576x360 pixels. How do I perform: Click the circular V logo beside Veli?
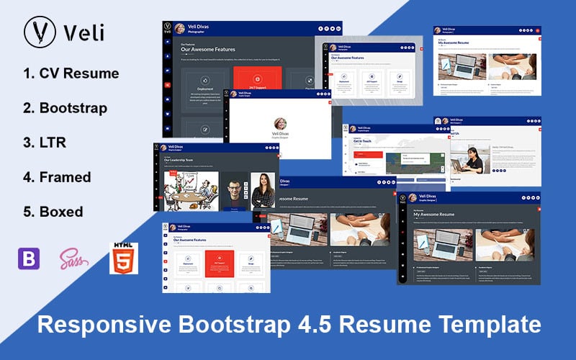40,32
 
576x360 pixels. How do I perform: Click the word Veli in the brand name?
84,32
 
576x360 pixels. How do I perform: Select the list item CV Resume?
71,73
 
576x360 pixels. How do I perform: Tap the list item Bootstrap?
65,108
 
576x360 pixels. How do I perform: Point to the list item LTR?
45,143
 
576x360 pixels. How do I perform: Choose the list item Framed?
57,177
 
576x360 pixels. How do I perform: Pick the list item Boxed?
53,212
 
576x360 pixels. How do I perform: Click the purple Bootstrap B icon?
28,258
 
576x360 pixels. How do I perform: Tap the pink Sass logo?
74,258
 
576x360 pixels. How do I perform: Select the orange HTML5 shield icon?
123,258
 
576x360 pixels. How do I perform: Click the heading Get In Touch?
362,142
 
